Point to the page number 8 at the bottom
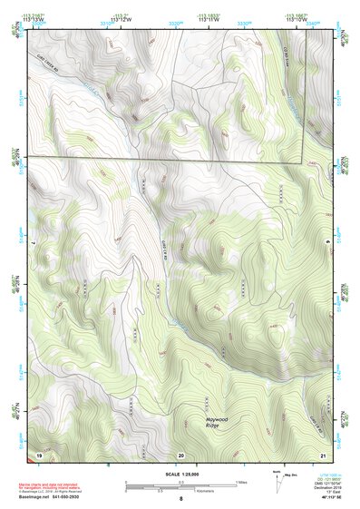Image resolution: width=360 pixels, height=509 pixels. [x=180, y=499]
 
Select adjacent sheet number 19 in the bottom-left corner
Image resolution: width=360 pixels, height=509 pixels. [x=38, y=453]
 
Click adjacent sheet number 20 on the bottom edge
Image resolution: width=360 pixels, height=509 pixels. [x=180, y=454]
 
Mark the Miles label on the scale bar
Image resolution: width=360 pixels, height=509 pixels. [x=240, y=482]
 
